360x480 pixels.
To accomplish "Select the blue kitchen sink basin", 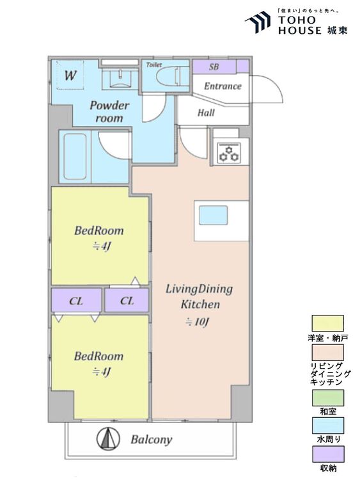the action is point(214,215).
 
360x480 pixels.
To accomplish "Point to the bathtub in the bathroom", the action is point(75,156).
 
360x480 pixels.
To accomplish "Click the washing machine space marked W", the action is point(70,75).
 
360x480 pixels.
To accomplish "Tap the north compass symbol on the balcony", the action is point(108,438).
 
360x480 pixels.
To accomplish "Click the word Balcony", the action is point(152,440).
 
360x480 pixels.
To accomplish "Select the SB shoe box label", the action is point(214,67).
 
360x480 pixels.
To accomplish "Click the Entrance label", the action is point(223,86).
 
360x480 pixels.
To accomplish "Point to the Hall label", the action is point(206,113).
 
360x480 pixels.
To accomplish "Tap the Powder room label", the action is point(109,112).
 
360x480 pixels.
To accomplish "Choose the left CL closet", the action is point(76,300).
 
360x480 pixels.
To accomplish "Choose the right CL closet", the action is point(127,300).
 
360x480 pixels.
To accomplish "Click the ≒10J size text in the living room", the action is point(197,323).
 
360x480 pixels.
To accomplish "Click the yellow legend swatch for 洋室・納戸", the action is point(327,323).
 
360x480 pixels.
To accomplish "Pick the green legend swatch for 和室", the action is point(327,397).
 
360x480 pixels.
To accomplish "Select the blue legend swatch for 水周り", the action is point(327,425).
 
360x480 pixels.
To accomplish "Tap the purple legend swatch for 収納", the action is point(327,454).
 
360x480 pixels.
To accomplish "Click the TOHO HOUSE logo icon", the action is point(258,22).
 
